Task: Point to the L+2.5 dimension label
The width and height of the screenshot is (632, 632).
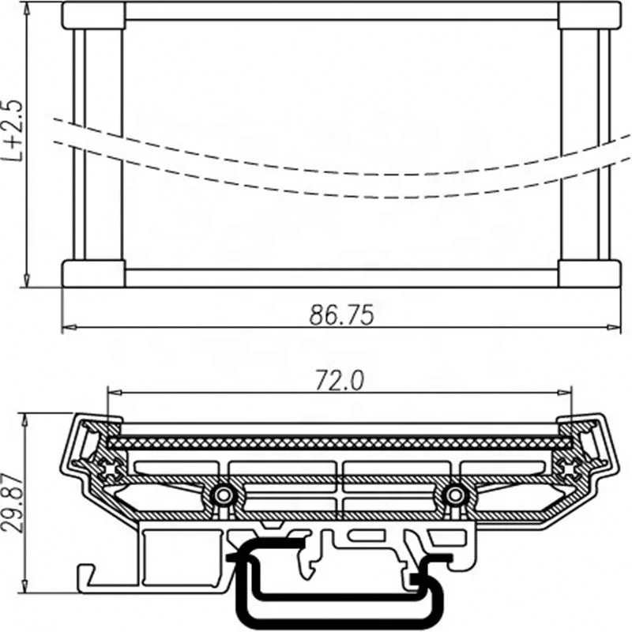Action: [x=12, y=131]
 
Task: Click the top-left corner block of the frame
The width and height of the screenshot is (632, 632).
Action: [x=93, y=15]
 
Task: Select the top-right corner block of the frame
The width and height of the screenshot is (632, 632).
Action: [x=589, y=15]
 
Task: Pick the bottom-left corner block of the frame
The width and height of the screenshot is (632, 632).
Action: [x=93, y=273]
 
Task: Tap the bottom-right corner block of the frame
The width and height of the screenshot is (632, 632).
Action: [x=589, y=273]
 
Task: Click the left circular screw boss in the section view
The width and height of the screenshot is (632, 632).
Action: [x=224, y=495]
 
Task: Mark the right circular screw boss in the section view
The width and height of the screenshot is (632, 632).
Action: [x=453, y=495]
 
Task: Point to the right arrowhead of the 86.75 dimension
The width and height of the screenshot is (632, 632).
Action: [x=616, y=326]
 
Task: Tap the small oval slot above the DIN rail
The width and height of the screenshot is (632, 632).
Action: [x=365, y=537]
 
